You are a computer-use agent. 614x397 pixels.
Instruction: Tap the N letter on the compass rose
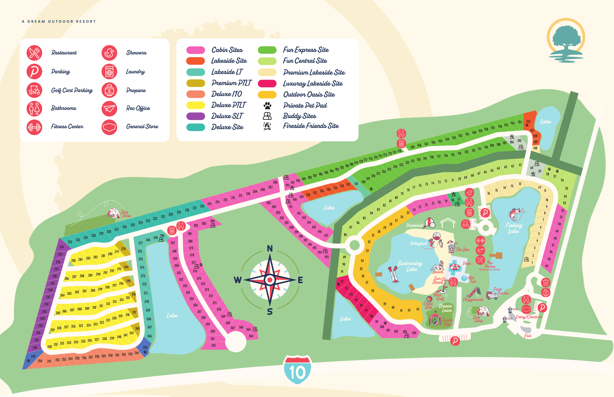tap(270, 249)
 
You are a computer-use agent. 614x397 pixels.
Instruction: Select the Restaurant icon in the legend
tap(34, 53)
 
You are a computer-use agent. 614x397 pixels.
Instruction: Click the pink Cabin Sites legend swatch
tap(196, 50)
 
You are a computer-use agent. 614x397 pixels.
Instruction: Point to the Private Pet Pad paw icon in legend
tap(267, 106)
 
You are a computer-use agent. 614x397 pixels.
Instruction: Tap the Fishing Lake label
tap(514, 228)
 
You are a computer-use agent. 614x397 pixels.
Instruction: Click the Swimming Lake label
tap(410, 266)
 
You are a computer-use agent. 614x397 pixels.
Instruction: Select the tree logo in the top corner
tap(566, 40)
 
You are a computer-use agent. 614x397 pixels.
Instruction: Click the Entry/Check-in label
tap(529, 317)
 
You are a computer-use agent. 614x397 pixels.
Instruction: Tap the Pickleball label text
tap(414, 225)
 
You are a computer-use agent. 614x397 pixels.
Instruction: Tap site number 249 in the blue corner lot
tap(33, 356)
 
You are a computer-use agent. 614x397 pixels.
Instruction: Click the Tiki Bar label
tap(463, 250)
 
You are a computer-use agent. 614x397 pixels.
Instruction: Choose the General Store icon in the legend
tap(109, 127)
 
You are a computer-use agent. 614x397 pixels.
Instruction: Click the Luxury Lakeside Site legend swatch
tap(267, 83)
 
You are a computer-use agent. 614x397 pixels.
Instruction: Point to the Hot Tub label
tap(471, 279)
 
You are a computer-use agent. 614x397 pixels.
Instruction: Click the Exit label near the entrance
tap(528, 336)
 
